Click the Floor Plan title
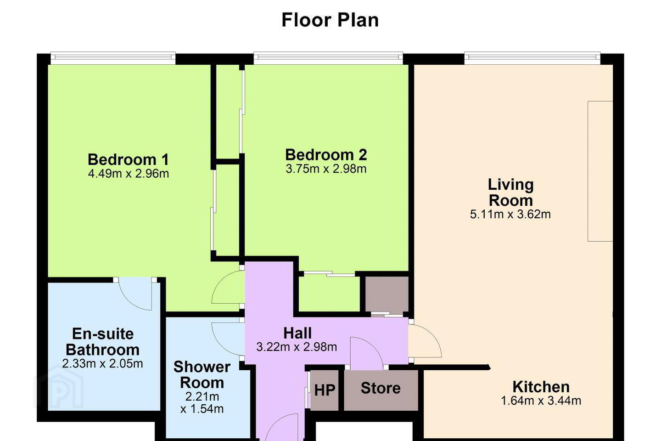pos(330,20)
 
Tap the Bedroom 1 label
pos(129,159)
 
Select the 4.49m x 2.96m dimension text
pos(129,174)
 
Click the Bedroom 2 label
pos(326,155)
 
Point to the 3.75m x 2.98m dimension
pos(326,169)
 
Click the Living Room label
pos(511,192)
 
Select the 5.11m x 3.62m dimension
pos(510,214)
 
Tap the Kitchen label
pos(541,387)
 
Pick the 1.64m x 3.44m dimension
pos(541,401)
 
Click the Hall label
pos(297,333)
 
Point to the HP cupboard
pos(324,390)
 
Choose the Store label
pos(381,388)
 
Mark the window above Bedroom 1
pos(113,58)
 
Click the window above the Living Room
pos(532,58)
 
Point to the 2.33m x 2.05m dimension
pos(102,364)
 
